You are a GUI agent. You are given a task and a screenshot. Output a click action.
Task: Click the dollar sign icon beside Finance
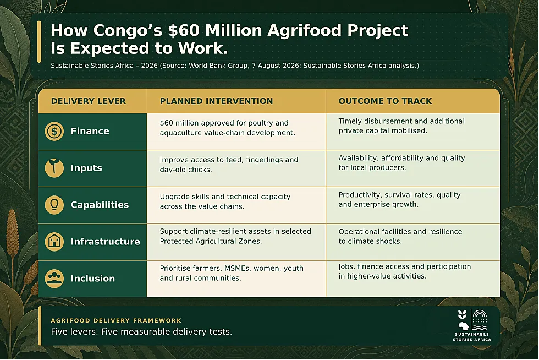tap(54, 131)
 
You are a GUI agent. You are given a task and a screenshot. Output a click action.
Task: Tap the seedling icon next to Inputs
tap(54, 168)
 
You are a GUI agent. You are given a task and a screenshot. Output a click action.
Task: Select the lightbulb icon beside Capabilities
tap(54, 205)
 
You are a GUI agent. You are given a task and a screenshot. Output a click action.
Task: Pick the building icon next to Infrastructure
tap(54, 241)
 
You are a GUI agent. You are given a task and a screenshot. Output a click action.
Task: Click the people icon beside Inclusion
tap(54, 278)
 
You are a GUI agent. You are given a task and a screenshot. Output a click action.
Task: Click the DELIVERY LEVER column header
tap(89, 101)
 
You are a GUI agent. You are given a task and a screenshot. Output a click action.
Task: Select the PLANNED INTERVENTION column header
tap(216, 101)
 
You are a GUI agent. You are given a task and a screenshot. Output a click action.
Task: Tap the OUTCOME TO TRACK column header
tap(385, 101)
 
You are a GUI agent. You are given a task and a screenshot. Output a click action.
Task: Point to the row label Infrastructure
tap(105, 242)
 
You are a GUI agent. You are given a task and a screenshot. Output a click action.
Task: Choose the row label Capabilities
tap(100, 205)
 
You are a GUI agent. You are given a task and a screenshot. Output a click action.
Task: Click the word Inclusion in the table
tap(93, 279)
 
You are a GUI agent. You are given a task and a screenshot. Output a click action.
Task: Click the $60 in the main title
tap(184, 30)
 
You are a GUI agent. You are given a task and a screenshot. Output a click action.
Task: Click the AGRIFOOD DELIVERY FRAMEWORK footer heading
tap(116, 320)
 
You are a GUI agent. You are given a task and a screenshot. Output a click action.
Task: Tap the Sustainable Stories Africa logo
tap(472, 325)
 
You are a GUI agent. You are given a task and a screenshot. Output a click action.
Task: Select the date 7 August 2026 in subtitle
tap(273, 66)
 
